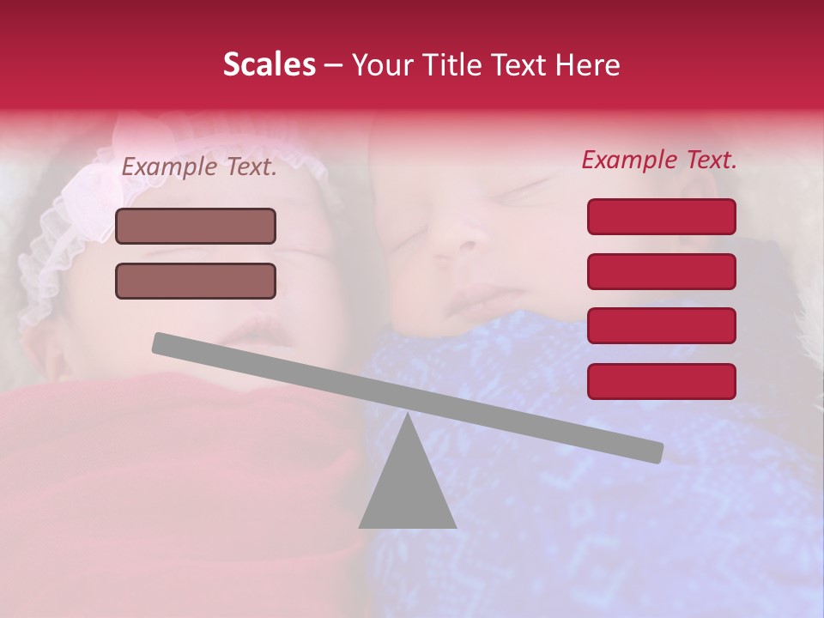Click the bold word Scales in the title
(x=270, y=65)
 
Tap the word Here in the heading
(x=588, y=65)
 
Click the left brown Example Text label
(x=199, y=167)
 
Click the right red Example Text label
(x=659, y=160)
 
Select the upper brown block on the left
(x=196, y=226)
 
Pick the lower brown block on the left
(x=196, y=281)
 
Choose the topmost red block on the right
(x=661, y=216)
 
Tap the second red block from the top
(x=661, y=271)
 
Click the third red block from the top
(x=661, y=325)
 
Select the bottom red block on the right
(x=661, y=381)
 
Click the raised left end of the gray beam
(x=163, y=343)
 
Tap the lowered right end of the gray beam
(x=652, y=451)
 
